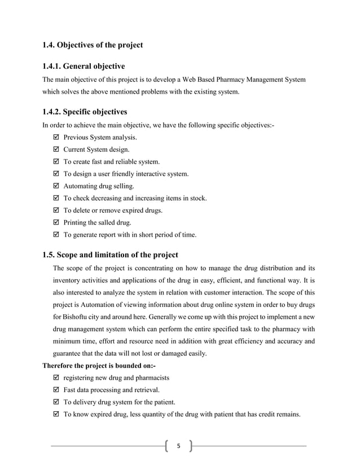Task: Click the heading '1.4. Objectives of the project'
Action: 93,45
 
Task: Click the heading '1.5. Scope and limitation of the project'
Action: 110,254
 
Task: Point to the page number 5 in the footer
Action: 179,446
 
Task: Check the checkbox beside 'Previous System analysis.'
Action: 55,137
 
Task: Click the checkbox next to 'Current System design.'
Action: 55,150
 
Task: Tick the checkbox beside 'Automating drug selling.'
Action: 55,186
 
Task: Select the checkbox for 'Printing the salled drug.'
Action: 55,223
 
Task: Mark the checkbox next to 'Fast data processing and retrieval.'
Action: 55,390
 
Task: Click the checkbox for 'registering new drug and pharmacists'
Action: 55,377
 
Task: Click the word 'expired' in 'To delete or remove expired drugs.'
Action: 129,210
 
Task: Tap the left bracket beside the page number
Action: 168,446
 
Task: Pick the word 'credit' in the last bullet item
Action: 258,415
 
